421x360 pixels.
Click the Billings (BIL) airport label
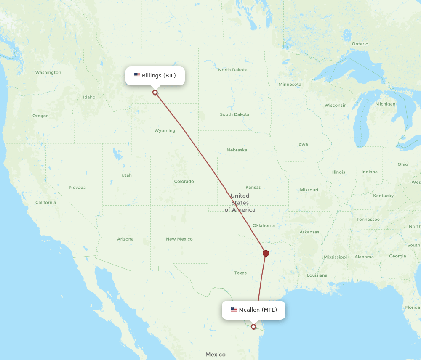click(x=155, y=76)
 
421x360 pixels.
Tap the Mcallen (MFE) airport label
click(x=253, y=310)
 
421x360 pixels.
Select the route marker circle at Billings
click(x=155, y=93)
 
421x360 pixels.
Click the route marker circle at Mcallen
click(x=253, y=326)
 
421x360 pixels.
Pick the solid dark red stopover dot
click(x=266, y=253)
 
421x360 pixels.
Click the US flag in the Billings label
click(x=137, y=76)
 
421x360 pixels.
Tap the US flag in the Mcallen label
click(x=234, y=310)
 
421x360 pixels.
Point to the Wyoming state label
click(x=165, y=131)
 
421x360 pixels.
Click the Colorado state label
click(x=184, y=182)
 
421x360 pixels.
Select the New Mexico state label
click(x=179, y=239)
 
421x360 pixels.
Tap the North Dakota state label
click(x=233, y=70)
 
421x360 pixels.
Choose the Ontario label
click(x=360, y=44)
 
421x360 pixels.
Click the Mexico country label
click(x=216, y=355)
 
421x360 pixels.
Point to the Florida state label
click(x=413, y=307)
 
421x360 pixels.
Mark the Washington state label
click(x=48, y=73)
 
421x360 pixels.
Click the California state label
click(x=45, y=203)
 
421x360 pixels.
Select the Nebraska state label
click(x=237, y=150)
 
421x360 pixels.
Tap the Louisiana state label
click(x=317, y=275)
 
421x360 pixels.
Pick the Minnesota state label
click(x=290, y=85)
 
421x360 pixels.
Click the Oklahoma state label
click(x=264, y=225)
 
